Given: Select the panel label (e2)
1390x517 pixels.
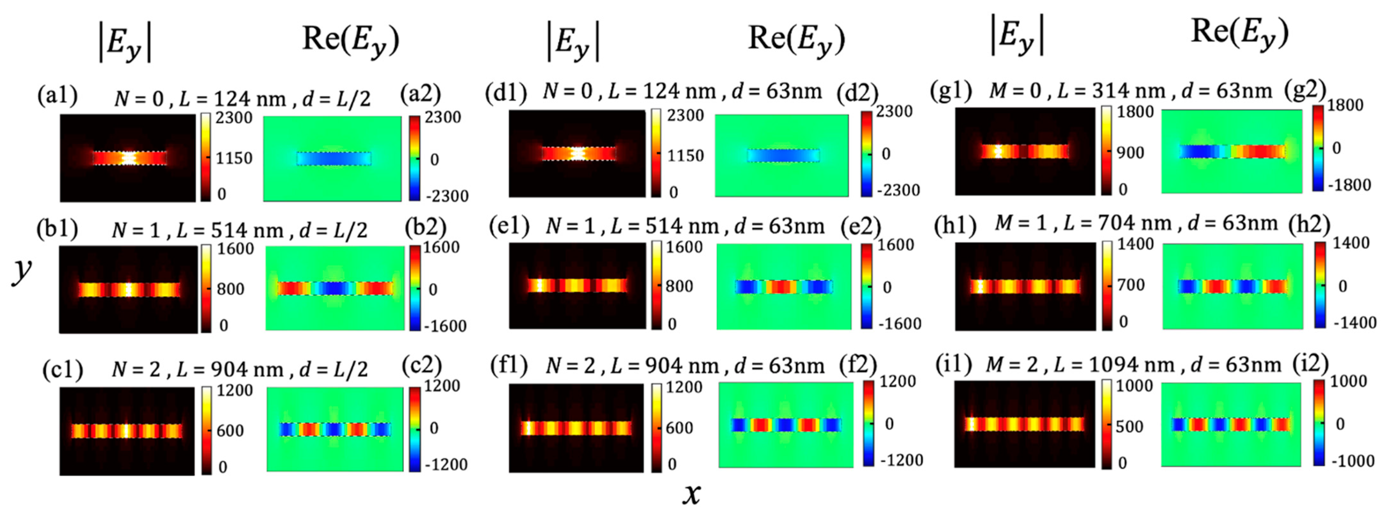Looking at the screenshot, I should coord(861,226).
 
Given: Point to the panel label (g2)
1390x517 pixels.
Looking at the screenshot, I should coord(1306,90).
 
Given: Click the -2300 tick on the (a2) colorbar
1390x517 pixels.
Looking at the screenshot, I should coord(445,196).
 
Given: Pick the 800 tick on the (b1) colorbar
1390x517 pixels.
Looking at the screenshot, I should coord(231,289).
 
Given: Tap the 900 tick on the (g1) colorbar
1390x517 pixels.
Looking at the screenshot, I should coord(1130,152).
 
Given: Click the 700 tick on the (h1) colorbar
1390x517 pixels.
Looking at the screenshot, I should coord(1130,284).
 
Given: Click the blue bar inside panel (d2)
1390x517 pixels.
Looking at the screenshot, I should coord(783,155).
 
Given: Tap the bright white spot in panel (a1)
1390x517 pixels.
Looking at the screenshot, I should coord(128,158).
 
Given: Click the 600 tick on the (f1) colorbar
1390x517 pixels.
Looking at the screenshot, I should coord(679,428).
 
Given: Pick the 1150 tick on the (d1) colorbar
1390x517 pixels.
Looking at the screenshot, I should coord(685,155).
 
